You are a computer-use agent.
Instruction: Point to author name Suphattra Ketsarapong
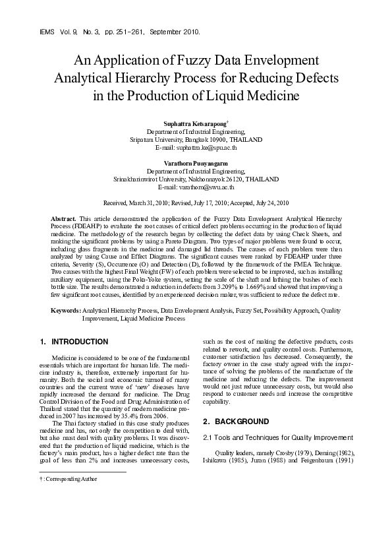pyautogui.click(x=194, y=124)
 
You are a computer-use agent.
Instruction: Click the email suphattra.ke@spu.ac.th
pyautogui.click(x=196, y=148)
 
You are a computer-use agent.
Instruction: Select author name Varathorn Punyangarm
pyautogui.click(x=196, y=162)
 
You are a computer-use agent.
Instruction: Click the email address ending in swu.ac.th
pyautogui.click(x=196, y=187)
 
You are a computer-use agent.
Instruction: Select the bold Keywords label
pyautogui.click(x=66, y=309)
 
